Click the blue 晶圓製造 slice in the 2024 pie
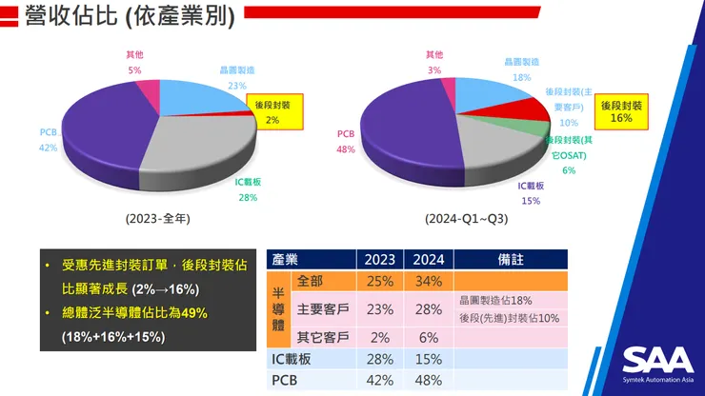[491, 95]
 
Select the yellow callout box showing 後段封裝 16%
[620, 111]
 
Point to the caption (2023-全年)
[158, 218]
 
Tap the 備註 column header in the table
[511, 260]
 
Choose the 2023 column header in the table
[378, 260]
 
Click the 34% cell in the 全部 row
[428, 283]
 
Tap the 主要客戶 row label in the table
[321, 309]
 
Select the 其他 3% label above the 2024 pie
[434, 63]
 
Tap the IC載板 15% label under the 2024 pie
[531, 193]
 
